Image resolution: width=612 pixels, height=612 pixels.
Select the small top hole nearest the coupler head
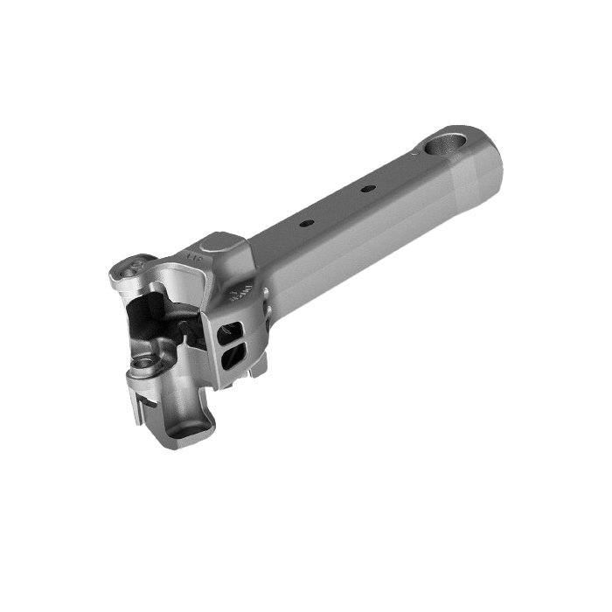[x=306, y=224]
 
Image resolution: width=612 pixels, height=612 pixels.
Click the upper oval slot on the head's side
[x=233, y=330]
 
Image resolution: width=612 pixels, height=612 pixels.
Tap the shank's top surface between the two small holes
[x=337, y=206]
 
